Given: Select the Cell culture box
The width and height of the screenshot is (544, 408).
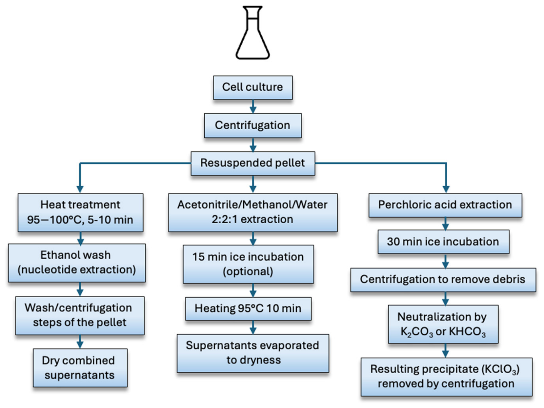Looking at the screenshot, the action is coord(252,87).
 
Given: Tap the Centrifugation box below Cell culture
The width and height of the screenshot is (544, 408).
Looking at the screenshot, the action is coord(252,125).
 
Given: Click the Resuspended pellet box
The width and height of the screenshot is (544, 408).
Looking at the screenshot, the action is coord(252,163).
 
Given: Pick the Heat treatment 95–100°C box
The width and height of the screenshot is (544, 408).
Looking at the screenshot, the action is coord(80,212).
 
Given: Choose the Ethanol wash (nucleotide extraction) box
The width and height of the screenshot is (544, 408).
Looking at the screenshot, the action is coord(77,263).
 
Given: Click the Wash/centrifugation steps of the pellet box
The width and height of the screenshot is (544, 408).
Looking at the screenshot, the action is coord(80,315).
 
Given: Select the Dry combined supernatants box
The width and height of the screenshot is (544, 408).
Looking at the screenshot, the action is coord(80,368).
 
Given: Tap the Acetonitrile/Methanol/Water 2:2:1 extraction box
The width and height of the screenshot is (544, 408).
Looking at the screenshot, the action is coord(252,212).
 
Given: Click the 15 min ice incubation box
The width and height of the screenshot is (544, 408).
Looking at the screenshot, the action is coord(248,264).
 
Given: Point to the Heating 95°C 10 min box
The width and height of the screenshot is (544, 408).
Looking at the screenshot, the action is coord(248,308).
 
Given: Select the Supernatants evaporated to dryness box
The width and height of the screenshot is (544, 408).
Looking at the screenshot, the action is coord(252,353).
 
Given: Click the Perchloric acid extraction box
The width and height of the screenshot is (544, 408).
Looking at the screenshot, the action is coord(445,205).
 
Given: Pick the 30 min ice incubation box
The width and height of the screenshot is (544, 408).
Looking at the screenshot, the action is coord(443,241).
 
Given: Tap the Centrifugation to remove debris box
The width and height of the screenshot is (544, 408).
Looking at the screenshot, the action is coord(443,280).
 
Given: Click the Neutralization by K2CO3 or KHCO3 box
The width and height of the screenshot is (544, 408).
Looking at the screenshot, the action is coord(443,324).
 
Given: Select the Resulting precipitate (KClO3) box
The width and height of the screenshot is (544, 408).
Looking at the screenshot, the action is coord(446,377).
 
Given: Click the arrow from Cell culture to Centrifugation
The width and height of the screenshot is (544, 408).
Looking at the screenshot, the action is coord(253,107).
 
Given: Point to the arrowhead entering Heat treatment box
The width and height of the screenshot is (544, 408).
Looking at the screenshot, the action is coord(80,189).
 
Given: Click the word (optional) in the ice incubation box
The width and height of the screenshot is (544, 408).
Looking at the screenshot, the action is coord(248,271).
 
